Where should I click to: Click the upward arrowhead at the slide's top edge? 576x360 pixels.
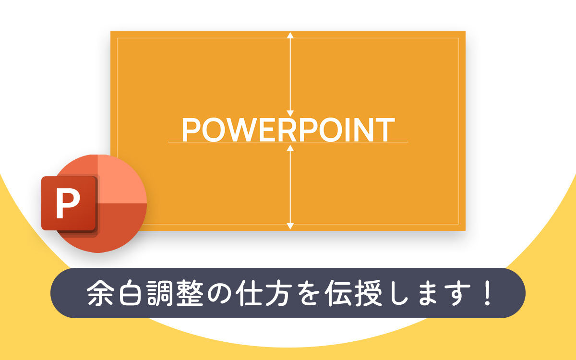[x=290, y=35]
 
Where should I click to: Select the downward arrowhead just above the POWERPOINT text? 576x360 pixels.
[x=290, y=113]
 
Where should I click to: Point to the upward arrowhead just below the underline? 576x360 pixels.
[x=290, y=148]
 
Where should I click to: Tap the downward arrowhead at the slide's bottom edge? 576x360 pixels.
[x=290, y=226]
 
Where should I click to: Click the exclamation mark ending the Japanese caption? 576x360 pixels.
[x=487, y=293]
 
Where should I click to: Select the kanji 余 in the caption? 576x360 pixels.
[x=100, y=293]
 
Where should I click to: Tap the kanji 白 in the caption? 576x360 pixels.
[x=130, y=293]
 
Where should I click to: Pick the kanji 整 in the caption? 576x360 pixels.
[x=190, y=293]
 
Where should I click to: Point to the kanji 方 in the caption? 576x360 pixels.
[x=279, y=293]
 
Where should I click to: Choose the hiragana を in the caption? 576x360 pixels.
[x=309, y=293]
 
